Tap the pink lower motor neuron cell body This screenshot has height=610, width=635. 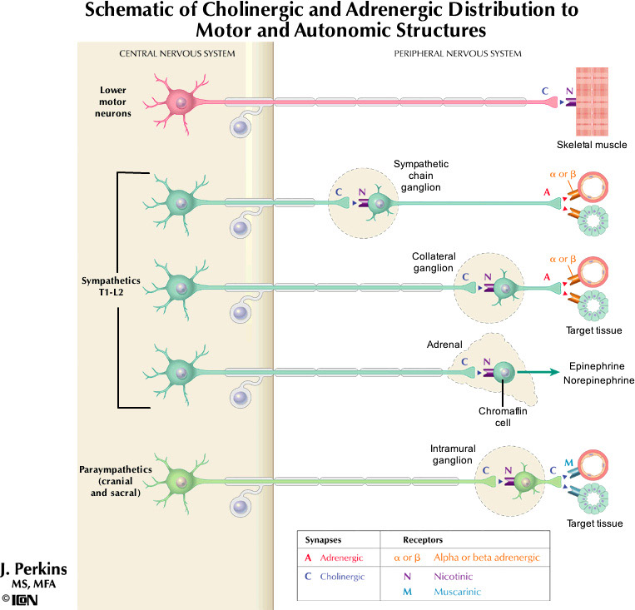coord(180,102)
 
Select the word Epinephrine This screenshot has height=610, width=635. coord(598,366)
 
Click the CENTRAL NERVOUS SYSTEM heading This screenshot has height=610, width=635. coord(176,53)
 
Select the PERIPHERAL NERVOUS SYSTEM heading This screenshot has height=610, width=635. coord(456,53)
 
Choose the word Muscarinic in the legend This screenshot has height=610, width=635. coord(456,592)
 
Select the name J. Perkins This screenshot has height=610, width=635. coord(34,570)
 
